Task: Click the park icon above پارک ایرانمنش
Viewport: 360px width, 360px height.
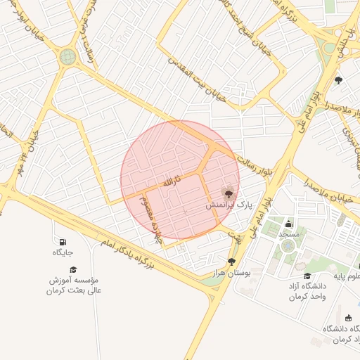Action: [x=228, y=192]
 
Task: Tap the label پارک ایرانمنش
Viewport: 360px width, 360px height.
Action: [x=228, y=205]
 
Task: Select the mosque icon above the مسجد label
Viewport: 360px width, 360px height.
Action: [x=289, y=224]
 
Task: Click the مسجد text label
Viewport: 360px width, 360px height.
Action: [x=289, y=233]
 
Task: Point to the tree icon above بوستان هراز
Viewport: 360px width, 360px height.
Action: [x=231, y=262]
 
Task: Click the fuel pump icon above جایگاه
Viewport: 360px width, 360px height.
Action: [x=63, y=242]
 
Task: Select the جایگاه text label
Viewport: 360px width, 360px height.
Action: [x=63, y=252]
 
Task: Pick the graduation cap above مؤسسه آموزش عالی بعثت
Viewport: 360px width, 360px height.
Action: [x=73, y=269]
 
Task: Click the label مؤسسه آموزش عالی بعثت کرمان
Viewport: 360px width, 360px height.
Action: [x=73, y=285]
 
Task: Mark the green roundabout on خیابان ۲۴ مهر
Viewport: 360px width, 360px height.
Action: [x=67, y=57]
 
